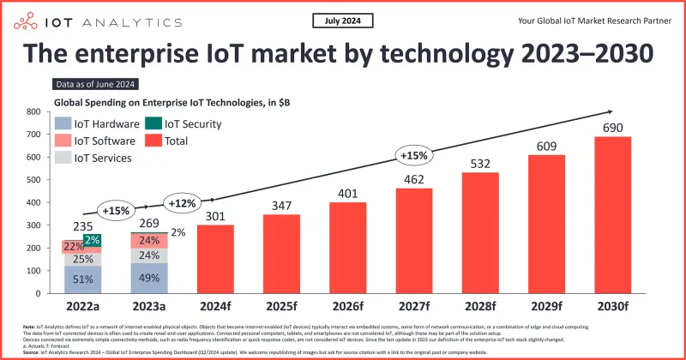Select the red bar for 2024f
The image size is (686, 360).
(x=215, y=259)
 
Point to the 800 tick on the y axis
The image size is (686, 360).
(x=35, y=111)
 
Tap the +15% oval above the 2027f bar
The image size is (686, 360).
(x=413, y=156)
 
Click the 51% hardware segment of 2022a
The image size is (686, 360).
(x=83, y=279)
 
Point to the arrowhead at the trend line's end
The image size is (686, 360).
(x=611, y=111)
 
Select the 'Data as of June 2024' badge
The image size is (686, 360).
(x=95, y=84)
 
